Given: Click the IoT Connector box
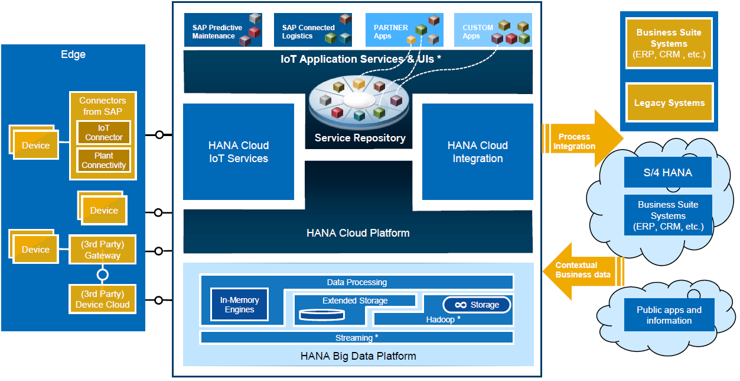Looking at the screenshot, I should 103,133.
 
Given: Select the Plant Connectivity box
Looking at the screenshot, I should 103,160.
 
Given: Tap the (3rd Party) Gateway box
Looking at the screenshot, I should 102,250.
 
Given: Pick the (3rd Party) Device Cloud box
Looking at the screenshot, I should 102,299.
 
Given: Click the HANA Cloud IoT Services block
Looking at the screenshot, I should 239,152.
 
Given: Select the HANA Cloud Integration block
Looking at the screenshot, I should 477,152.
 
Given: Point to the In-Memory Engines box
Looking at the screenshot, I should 239,305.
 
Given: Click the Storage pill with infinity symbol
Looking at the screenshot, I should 477,305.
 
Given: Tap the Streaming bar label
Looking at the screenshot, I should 357,338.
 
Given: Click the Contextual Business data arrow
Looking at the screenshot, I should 582,270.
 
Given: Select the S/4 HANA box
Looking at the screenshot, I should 667,173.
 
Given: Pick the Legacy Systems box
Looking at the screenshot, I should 669,103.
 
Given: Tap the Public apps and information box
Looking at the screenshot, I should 669,315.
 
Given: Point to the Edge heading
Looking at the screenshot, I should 73,54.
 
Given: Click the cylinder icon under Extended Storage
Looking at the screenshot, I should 321,314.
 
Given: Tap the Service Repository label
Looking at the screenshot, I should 360,138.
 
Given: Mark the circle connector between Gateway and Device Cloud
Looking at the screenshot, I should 103,275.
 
